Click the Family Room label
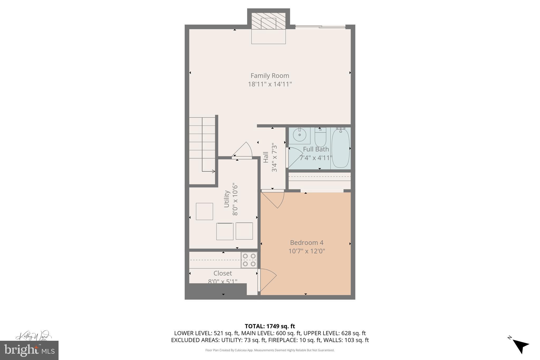[x=270, y=76]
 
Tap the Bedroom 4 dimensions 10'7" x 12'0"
[x=307, y=251]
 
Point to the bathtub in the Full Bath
[x=340, y=148]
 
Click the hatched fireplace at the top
[x=268, y=21]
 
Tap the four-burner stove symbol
[x=249, y=260]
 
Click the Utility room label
[x=226, y=199]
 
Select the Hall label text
[x=266, y=157]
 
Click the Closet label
[x=223, y=273]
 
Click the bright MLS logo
[x=29, y=350]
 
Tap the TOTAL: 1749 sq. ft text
[x=270, y=326]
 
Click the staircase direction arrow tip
[x=214, y=171]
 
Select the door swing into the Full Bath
[x=295, y=157]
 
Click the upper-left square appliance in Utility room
[x=204, y=211]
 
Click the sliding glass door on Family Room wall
[x=320, y=26]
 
